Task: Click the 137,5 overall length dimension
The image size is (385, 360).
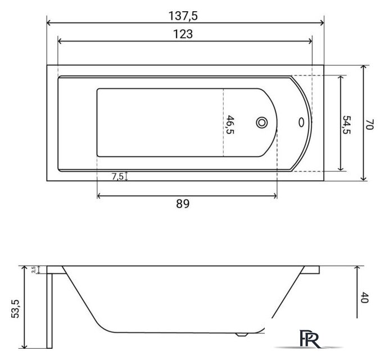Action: tap(183, 16)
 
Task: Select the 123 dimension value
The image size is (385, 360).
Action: tap(183, 34)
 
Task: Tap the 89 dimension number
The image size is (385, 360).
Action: tap(183, 204)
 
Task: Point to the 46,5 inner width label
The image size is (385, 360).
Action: tap(230, 124)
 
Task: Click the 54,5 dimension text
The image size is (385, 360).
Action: tap(346, 124)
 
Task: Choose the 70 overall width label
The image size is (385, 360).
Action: tap(369, 124)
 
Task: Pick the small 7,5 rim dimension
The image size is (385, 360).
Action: tap(117, 176)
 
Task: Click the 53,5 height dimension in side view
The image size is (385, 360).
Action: tap(15, 309)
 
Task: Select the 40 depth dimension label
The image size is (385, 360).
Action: tap(364, 298)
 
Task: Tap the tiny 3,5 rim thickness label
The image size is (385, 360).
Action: tap(34, 269)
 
